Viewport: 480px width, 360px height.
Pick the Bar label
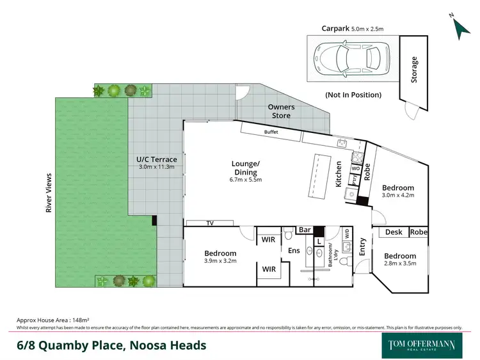[305, 229]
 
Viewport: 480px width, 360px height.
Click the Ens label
[294, 251]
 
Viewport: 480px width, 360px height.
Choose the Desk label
[394, 232]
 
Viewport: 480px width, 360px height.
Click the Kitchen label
[339, 174]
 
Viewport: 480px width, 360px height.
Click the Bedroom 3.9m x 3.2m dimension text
[220, 262]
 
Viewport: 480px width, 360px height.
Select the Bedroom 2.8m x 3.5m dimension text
[400, 263]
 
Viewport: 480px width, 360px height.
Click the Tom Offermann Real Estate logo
[422, 345]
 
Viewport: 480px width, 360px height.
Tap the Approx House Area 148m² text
[52, 319]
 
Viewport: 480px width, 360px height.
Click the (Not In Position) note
[353, 95]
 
